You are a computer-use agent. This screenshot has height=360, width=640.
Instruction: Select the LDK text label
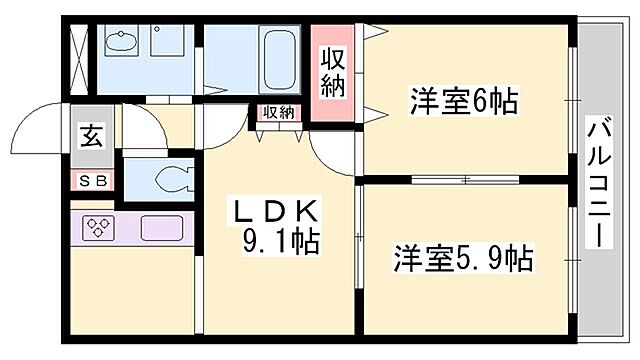[276, 211]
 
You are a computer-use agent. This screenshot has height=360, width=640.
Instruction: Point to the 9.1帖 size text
[280, 241]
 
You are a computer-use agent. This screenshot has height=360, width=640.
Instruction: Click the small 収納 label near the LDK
[279, 112]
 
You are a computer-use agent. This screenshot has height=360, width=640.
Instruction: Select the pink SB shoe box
[91, 180]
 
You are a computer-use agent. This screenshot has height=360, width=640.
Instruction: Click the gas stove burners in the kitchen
[98, 228]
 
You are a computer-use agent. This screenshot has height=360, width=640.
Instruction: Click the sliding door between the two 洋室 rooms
[465, 179]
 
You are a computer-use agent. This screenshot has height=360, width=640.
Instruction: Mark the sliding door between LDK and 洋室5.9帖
[358, 240]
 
